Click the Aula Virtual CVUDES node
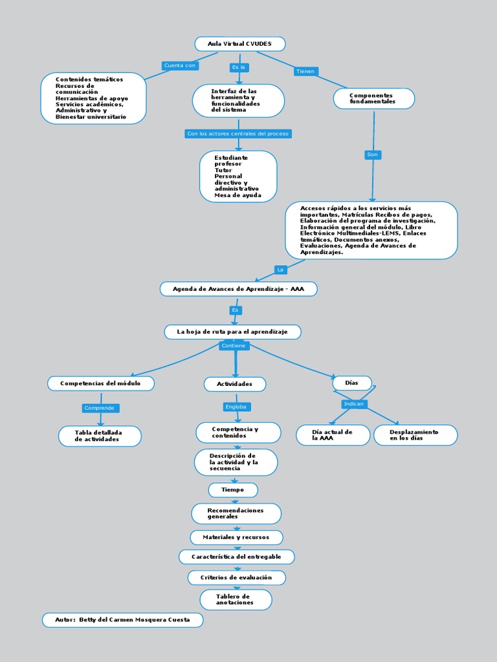coord(240,44)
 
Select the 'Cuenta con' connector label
coord(179,65)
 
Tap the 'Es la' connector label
coord(238,67)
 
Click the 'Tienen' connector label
coord(305,71)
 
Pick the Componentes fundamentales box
coord(373,98)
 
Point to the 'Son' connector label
coord(372,155)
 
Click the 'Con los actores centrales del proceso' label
coord(238,134)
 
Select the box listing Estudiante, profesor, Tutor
coord(238,176)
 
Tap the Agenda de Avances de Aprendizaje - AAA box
coord(238,289)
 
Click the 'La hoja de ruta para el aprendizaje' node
coord(233,332)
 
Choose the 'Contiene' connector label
coord(233,346)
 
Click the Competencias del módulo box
coord(100,383)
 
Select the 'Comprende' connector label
coord(100,408)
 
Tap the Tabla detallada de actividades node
coord(100,436)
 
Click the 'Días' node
coord(351,383)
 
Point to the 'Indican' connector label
coord(354,404)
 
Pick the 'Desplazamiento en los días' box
coord(415,435)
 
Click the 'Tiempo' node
coord(233,490)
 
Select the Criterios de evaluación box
coord(236,577)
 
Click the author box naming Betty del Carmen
coord(122,620)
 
